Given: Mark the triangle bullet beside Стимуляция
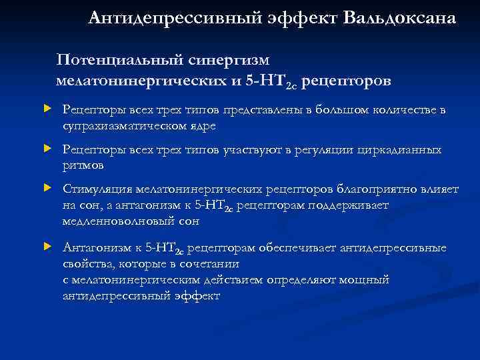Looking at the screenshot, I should click(47, 189).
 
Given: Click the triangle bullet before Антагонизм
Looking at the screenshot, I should click(47, 248).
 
